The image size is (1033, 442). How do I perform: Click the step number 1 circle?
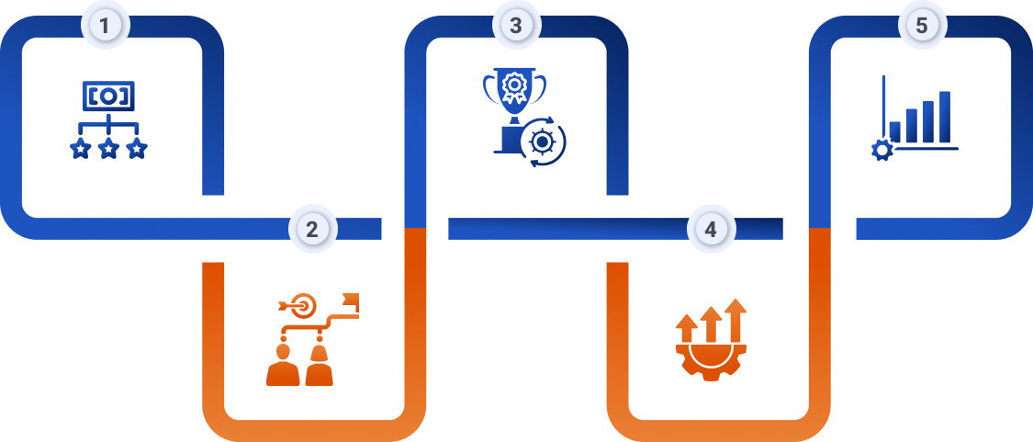106,26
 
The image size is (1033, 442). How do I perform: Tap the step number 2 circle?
312,229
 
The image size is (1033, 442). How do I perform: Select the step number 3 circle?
516,26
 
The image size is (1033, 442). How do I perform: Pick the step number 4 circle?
711,229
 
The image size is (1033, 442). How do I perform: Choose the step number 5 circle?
922,26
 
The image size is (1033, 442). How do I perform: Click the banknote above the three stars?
108,95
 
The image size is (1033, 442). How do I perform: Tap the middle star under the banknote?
108,148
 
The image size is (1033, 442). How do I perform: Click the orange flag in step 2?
349,301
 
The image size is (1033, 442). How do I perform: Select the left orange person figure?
282,366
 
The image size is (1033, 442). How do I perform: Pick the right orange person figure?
319,366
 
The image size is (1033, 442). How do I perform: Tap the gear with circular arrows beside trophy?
543,142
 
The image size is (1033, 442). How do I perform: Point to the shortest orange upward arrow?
686,328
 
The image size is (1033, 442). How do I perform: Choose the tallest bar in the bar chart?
944,117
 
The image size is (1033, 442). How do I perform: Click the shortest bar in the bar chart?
894,131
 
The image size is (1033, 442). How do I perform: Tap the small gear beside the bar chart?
881,151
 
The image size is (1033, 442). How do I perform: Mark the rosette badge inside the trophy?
514,87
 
